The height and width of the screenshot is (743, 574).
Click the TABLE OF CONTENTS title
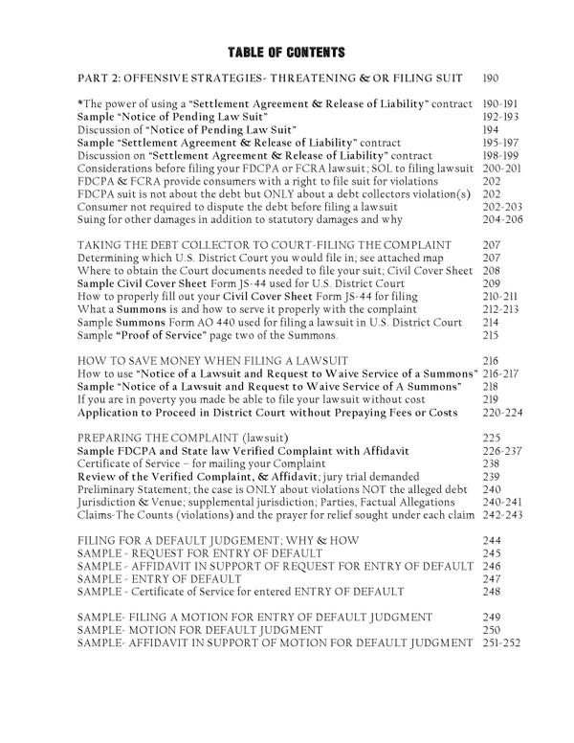pos(286,51)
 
